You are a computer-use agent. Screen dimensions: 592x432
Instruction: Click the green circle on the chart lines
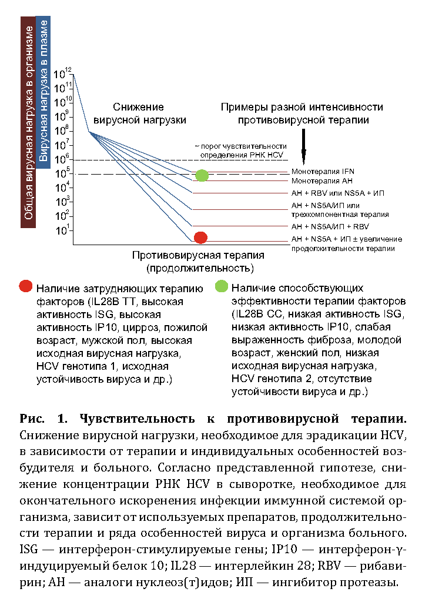pyautogui.click(x=202, y=175)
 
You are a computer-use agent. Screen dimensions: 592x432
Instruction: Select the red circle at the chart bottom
pyautogui.click(x=201, y=238)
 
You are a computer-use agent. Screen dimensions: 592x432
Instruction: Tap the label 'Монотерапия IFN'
pyautogui.click(x=323, y=170)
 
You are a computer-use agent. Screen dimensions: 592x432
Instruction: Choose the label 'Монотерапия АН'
pyautogui.click(x=321, y=180)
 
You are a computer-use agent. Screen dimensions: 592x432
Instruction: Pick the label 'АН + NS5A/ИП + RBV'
pyautogui.click(x=330, y=226)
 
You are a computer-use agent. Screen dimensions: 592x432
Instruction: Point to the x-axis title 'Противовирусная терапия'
pyautogui.click(x=198, y=256)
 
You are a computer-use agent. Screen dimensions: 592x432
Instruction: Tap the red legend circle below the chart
pyautogui.click(x=26, y=287)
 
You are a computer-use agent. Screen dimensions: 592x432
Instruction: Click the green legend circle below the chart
pyautogui.click(x=222, y=287)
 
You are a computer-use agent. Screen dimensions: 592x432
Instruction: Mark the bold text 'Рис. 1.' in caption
pyautogui.click(x=41, y=419)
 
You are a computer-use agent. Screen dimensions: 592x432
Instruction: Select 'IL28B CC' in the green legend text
pyautogui.click(x=258, y=314)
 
